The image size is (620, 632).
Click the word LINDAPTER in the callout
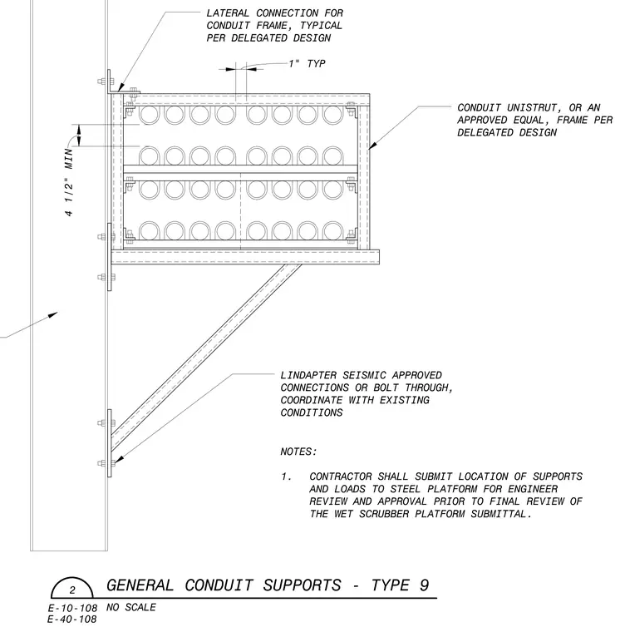[308, 375]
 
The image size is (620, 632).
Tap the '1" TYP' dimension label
[307, 64]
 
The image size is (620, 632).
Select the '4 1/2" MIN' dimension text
[69, 182]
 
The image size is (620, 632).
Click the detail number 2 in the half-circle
[72, 590]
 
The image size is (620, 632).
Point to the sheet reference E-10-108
[72, 608]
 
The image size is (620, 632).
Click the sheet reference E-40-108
[72, 620]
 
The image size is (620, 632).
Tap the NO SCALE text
[131, 607]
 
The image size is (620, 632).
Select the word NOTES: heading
[299, 452]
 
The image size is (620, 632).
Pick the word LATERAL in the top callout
[228, 13]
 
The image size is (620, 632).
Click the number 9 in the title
[423, 585]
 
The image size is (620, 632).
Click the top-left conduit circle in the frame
[150, 114]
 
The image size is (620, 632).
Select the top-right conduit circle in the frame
[332, 114]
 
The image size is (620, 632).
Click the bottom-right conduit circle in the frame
[332, 230]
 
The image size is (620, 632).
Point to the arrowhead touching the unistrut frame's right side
[372, 145]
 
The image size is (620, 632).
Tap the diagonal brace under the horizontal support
[206, 358]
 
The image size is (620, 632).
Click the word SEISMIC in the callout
[364, 375]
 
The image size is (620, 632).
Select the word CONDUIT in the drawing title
[219, 585]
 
